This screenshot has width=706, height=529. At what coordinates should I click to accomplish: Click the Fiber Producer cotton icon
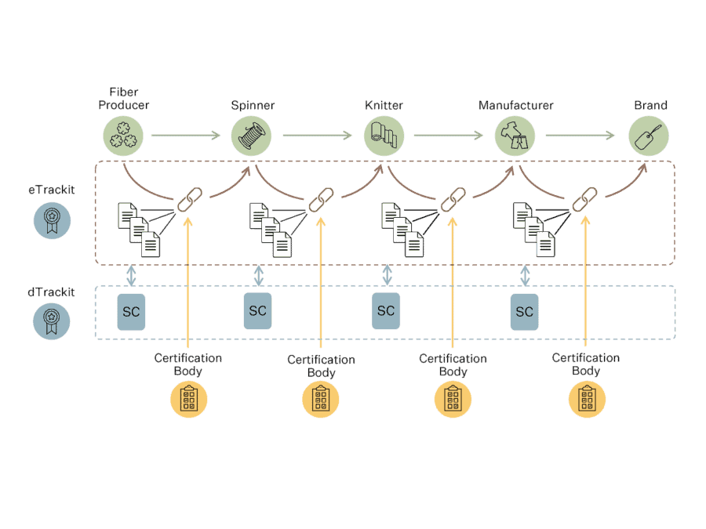(x=123, y=136)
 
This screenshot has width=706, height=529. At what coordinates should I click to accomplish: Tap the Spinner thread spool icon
(x=251, y=136)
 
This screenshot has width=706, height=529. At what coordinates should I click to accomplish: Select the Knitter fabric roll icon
(x=384, y=136)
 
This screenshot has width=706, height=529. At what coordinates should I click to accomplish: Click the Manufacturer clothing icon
(x=515, y=136)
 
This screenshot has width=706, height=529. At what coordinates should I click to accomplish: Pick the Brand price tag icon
(x=649, y=136)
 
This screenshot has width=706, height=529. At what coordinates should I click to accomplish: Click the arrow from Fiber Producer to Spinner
(x=186, y=136)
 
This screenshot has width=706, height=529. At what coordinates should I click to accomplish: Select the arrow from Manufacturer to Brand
(x=580, y=136)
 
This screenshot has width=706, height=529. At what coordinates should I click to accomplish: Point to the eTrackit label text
(x=51, y=189)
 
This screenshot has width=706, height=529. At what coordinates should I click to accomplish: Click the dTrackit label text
(x=51, y=292)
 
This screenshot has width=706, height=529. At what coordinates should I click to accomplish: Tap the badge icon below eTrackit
(x=52, y=220)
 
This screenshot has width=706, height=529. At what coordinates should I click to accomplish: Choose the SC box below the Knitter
(x=386, y=311)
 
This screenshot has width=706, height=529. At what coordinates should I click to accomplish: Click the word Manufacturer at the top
(x=516, y=105)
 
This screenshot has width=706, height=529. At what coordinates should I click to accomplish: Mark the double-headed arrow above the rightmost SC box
(x=525, y=274)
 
